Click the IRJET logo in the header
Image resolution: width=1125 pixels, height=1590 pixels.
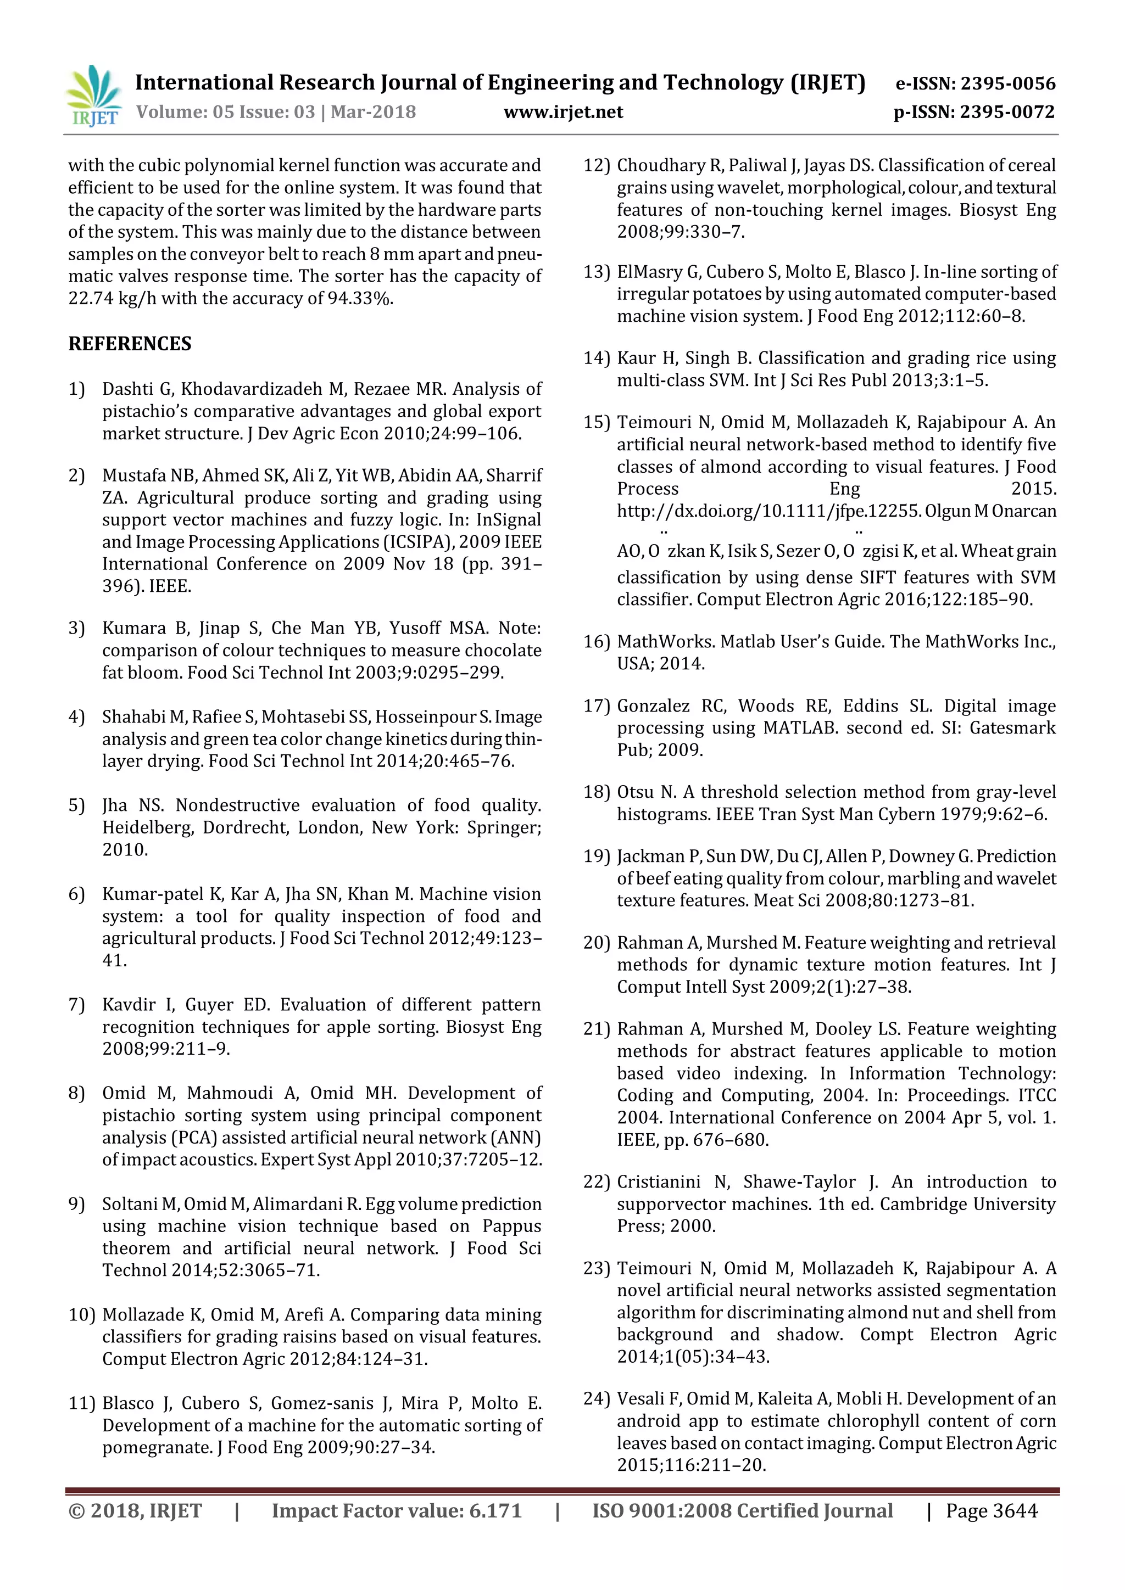(x=93, y=96)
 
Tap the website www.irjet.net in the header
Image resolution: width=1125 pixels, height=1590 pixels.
(x=563, y=112)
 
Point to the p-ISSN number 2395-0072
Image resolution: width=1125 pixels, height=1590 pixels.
(x=1007, y=112)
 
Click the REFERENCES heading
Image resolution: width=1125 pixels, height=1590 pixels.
(x=130, y=344)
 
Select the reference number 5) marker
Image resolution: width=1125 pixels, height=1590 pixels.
(x=76, y=805)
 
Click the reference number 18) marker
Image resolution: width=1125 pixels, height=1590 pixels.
(x=596, y=792)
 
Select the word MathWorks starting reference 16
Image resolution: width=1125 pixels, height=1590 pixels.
(x=666, y=642)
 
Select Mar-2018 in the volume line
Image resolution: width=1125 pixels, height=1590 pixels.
(x=374, y=112)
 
